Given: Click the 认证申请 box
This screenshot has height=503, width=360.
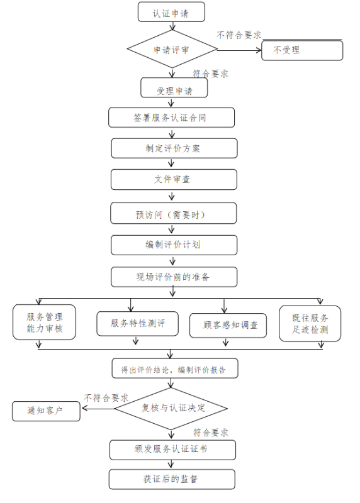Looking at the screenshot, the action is tap(171, 12).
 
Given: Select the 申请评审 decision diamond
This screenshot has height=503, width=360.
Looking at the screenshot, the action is tap(172, 49).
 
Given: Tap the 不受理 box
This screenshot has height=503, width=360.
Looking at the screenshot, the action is tap(302, 50).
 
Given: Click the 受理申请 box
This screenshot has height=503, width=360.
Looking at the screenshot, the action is tap(174, 87).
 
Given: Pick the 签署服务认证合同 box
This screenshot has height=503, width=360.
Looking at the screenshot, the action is tap(171, 118).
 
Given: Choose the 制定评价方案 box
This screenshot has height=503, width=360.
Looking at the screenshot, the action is tap(174, 148).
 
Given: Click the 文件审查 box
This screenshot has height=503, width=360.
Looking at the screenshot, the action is tap(174, 179).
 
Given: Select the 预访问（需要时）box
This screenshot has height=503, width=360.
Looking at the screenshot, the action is tap(174, 213).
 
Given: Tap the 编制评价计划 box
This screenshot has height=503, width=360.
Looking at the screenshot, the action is tap(174, 245).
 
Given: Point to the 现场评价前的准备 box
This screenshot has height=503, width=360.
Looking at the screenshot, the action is tap(174, 277).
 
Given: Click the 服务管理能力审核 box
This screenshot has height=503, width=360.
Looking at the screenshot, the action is tap(44, 322).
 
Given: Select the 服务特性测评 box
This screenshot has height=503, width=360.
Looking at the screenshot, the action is tap(137, 324).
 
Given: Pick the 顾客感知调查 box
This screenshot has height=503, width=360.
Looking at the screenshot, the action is tap(228, 326).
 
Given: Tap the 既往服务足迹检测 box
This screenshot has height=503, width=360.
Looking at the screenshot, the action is tap(310, 323).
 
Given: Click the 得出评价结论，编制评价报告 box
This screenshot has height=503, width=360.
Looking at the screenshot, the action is tap(175, 368).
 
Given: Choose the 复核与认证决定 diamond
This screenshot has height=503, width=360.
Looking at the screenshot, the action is tap(171, 408).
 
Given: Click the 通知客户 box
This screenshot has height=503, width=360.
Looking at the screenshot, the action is tap(46, 411).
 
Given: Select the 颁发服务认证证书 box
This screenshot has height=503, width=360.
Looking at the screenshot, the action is tap(173, 450).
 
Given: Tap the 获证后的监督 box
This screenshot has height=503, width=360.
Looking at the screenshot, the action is tap(172, 479).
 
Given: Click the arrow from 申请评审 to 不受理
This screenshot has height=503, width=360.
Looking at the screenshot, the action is tap(240, 50).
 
